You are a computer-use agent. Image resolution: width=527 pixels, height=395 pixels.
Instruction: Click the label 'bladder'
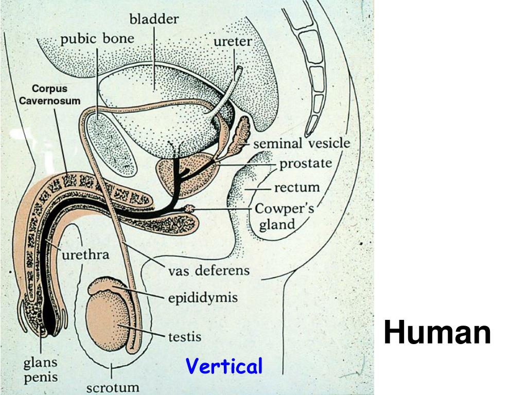click(x=154, y=20)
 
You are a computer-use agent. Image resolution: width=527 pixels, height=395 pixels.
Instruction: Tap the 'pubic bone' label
click(x=97, y=39)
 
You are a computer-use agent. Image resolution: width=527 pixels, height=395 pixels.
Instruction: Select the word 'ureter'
click(x=232, y=42)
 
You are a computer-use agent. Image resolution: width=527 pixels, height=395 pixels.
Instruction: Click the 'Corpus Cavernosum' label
click(x=50, y=95)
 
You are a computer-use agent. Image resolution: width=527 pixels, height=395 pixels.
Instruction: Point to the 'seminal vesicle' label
click(x=301, y=143)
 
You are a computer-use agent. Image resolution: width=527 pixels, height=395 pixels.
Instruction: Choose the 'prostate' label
click(x=305, y=164)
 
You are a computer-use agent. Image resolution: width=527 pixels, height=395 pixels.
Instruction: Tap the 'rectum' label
click(x=296, y=187)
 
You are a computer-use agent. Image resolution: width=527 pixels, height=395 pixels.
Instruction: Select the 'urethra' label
click(x=85, y=255)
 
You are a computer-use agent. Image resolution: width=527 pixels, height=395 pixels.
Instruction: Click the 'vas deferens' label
click(x=208, y=270)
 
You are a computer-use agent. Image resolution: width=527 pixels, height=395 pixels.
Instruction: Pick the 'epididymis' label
click(x=203, y=297)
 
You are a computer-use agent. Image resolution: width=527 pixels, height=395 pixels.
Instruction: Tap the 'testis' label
click(x=184, y=337)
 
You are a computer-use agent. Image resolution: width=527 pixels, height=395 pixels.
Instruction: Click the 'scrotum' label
click(x=113, y=386)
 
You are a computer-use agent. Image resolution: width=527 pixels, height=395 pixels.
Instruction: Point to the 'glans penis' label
click(x=41, y=369)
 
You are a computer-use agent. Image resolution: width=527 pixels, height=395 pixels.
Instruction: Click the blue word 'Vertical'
click(x=224, y=367)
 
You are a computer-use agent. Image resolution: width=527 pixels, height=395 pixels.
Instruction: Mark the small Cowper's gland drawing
click(x=189, y=209)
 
